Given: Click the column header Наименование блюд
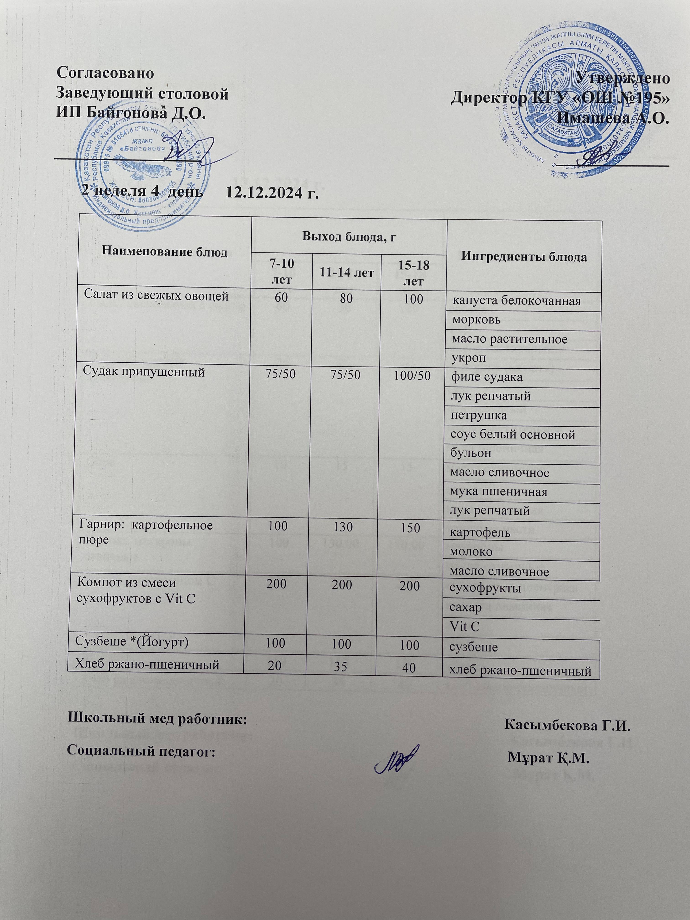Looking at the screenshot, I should tap(165, 252).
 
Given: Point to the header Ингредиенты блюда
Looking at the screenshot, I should tap(524, 257).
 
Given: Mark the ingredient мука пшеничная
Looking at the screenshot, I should tap(499, 492).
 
